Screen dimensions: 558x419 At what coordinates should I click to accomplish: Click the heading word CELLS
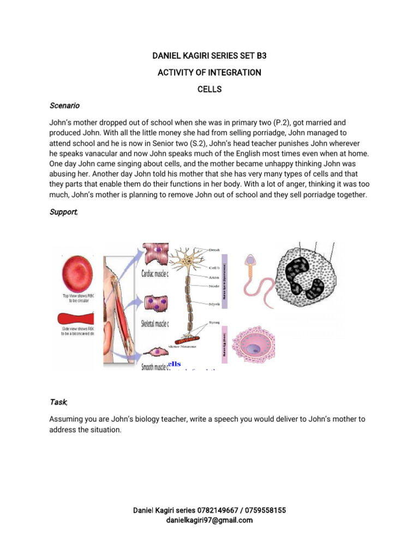pos(209,89)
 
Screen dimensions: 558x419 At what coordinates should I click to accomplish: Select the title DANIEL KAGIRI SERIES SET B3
pos(209,56)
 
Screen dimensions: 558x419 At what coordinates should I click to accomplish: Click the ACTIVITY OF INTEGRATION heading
pos(209,72)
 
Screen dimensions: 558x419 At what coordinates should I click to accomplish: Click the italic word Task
pos(59,402)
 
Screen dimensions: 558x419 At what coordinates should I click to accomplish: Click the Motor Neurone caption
pos(183,346)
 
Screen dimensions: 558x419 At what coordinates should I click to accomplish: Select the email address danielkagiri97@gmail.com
pos(209,520)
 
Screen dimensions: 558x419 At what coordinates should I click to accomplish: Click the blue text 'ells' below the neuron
pos(175,363)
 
